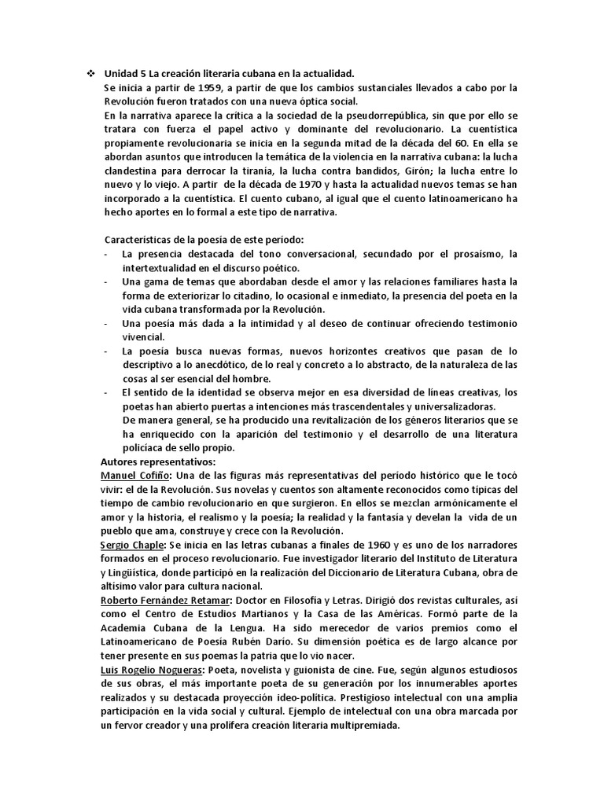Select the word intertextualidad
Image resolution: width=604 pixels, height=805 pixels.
[164, 266]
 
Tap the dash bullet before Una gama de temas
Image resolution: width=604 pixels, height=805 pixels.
[107, 281]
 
